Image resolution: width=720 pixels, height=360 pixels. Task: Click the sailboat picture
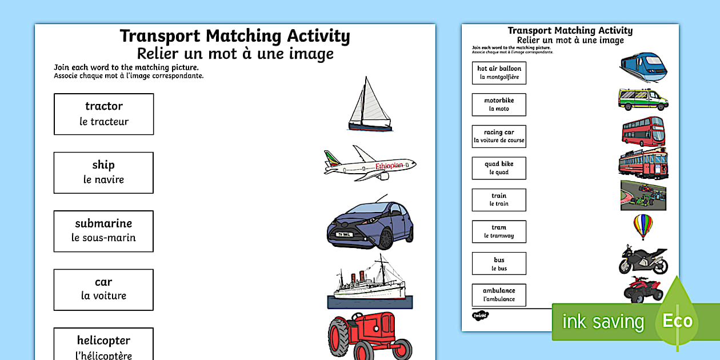click(370, 106)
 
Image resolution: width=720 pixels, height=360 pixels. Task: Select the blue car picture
click(370, 224)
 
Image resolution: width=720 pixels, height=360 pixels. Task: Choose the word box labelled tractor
click(103, 114)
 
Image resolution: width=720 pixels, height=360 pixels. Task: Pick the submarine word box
click(103, 231)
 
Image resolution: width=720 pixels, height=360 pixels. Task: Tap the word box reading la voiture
click(103, 289)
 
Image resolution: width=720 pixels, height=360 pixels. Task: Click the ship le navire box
click(103, 173)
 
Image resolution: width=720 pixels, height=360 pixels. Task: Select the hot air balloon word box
click(499, 73)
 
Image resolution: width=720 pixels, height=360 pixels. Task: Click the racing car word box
click(499, 136)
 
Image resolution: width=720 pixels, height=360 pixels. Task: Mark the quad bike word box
click(499, 168)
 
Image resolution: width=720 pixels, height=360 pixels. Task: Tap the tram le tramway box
click(499, 231)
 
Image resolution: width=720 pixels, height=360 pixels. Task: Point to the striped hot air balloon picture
click(643, 226)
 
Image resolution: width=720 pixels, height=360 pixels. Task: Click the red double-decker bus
click(643, 131)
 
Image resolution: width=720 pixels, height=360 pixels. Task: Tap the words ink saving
click(603, 322)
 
